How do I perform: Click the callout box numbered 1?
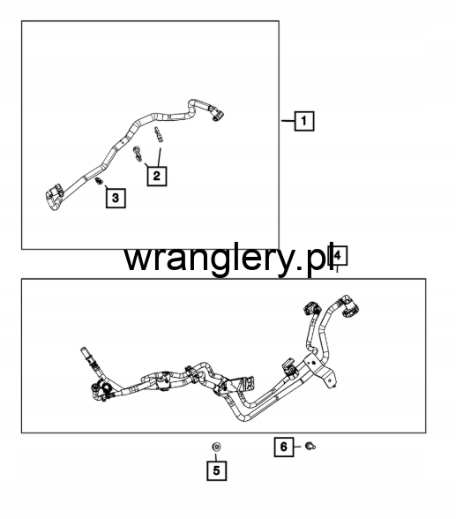pyautogui.click(x=304, y=121)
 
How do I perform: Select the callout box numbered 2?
pyautogui.click(x=157, y=176)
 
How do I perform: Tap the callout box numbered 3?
pyautogui.click(x=116, y=198)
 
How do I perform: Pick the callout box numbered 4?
pyautogui.click(x=337, y=256)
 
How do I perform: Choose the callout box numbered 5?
pyautogui.click(x=217, y=470)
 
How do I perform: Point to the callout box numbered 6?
pyautogui.click(x=284, y=448)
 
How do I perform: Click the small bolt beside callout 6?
pyautogui.click(x=310, y=447)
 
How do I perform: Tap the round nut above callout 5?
pyautogui.click(x=216, y=447)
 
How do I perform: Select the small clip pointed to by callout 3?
pyautogui.click(x=99, y=181)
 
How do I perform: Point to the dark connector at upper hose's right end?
pyautogui.click(x=217, y=114)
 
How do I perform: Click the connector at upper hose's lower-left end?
pyautogui.click(x=53, y=197)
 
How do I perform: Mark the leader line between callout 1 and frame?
pyautogui.click(x=288, y=121)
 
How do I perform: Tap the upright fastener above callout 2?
pyautogui.click(x=159, y=135)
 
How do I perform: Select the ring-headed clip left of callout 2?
pyautogui.click(x=138, y=154)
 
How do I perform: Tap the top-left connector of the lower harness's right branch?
pyautogui.click(x=312, y=308)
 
